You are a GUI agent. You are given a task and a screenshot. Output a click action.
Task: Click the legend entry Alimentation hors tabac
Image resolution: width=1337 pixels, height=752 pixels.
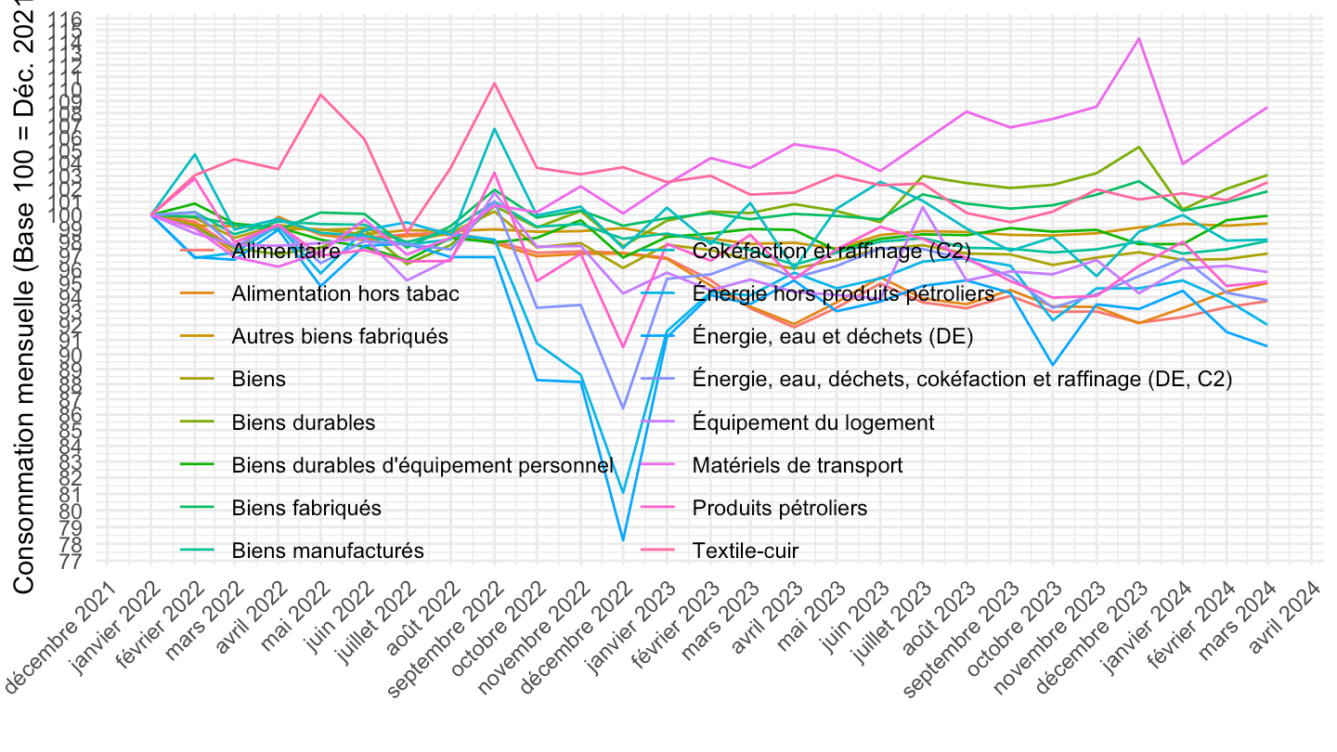tap(344, 293)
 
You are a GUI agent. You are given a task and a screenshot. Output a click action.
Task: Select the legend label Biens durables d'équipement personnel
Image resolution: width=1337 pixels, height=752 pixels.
tap(422, 465)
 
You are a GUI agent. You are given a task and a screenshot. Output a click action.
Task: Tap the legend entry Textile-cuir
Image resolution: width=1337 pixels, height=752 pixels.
tap(745, 551)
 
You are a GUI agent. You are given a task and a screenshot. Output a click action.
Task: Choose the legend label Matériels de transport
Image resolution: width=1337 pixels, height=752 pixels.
tap(797, 465)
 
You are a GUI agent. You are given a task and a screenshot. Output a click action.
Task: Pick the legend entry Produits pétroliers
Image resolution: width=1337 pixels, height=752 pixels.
tap(779, 508)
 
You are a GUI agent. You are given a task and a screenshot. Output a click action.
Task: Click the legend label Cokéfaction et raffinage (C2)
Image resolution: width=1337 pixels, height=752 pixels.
tap(831, 251)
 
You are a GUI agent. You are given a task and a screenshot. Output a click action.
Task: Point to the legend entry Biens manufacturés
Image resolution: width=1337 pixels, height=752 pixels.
tap(327, 551)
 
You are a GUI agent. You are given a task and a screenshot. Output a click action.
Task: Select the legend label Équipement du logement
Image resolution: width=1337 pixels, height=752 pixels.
tap(812, 422)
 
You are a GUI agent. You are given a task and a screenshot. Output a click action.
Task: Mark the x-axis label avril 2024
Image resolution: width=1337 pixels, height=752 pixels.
tap(1294, 613)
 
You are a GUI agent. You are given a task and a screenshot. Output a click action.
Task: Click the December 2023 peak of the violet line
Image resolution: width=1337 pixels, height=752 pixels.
tap(1138, 39)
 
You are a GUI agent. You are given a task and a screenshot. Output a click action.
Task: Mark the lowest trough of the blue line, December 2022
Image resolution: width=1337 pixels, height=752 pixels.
tap(624, 540)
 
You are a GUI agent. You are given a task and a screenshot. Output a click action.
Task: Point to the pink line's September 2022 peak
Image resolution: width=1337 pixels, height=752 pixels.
tap(495, 83)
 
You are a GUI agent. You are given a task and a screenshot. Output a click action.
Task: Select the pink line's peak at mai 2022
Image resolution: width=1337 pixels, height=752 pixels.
tap(321, 94)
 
